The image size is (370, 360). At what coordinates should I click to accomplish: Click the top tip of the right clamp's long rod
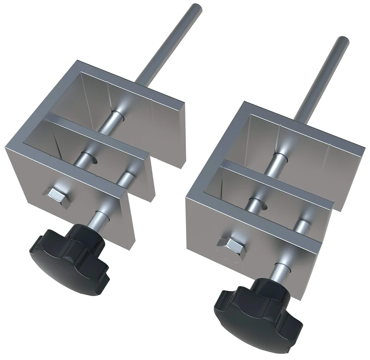tap(343, 40)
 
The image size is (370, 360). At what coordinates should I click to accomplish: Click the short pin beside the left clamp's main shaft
tap(126, 179)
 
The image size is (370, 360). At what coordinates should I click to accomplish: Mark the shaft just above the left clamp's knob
tap(99, 217)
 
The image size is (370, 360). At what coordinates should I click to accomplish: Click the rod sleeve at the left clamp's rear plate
tap(116, 114)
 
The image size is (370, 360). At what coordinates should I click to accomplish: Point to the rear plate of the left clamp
tap(153, 116)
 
